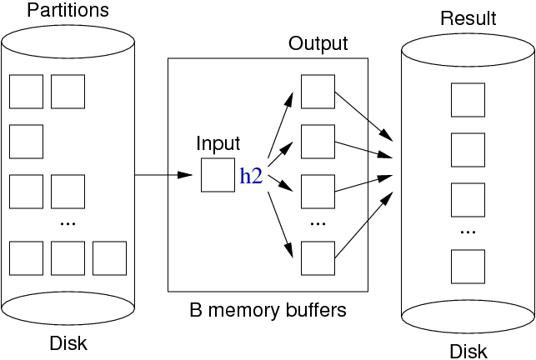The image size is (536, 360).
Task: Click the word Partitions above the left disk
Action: [x=68, y=11]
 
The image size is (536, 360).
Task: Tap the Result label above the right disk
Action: [x=468, y=18]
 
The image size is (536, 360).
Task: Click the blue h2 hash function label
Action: [x=252, y=175]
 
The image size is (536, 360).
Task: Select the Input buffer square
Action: [x=218, y=175]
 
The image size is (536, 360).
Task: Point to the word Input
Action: [x=218, y=143]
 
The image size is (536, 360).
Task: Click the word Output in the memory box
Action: [x=318, y=42]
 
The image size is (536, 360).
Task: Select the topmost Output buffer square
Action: [x=318, y=92]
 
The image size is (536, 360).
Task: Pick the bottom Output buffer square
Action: [x=318, y=258]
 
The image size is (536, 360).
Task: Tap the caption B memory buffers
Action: [x=268, y=311]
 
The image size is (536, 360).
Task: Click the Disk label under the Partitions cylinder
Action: [x=68, y=342]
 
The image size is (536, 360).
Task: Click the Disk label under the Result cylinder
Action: [x=468, y=351]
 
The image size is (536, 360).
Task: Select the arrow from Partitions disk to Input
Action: [x=163, y=175]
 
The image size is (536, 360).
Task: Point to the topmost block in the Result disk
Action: [x=468, y=100]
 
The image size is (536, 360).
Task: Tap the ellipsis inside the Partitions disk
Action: [x=68, y=223]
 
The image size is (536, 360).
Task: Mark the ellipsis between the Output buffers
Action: [x=318, y=223]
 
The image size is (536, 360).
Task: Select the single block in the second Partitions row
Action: [x=26, y=142]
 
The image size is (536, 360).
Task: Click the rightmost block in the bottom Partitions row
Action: [x=109, y=258]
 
